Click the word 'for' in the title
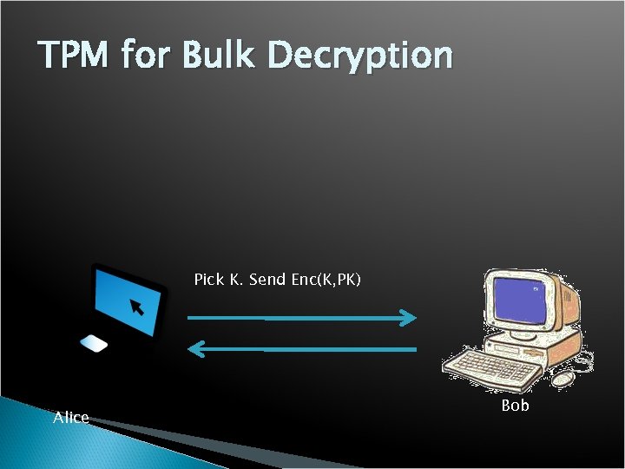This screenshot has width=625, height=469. point(148,56)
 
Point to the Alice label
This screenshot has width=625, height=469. point(71,418)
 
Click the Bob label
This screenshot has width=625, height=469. point(515,406)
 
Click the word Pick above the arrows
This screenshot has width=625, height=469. point(208,280)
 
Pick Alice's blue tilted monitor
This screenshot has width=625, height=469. point(129,301)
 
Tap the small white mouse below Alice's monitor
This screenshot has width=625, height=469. point(94,344)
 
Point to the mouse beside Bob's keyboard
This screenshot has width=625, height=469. point(564,379)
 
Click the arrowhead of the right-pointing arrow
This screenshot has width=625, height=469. point(409,318)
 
